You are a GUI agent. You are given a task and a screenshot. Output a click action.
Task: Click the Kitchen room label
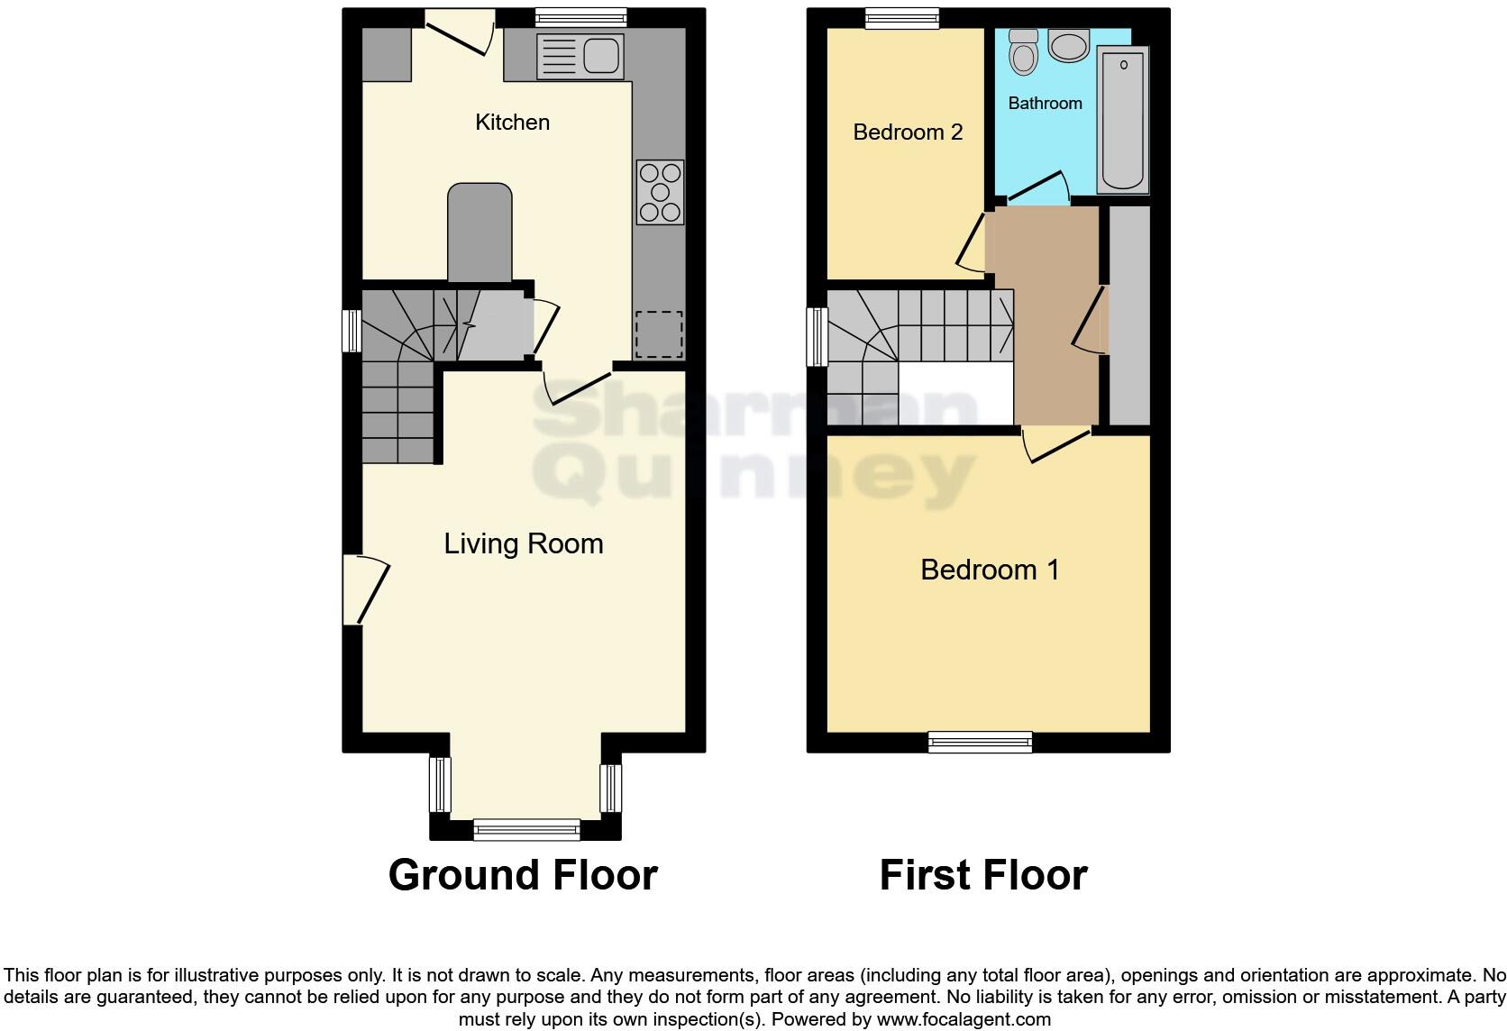click(x=512, y=123)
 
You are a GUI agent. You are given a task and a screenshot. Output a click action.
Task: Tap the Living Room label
click(x=523, y=543)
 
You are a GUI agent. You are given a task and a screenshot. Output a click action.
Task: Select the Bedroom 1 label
click(x=989, y=570)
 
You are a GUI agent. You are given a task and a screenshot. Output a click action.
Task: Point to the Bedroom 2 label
click(x=907, y=132)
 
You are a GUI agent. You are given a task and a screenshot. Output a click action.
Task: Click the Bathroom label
click(x=1045, y=104)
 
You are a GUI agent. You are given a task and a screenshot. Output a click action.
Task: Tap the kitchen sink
click(x=580, y=57)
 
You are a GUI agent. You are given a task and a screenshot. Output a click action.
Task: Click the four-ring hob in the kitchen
click(x=660, y=192)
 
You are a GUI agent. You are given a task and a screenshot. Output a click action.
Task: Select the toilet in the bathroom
click(x=1023, y=52)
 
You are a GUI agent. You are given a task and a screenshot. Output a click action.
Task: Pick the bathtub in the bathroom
click(x=1123, y=120)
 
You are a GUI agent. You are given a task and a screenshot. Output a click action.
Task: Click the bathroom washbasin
click(x=1069, y=46)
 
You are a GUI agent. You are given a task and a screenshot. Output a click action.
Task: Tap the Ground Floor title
click(x=523, y=875)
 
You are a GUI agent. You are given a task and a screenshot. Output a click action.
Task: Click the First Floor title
click(x=983, y=875)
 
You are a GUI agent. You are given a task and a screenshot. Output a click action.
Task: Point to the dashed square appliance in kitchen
click(x=659, y=334)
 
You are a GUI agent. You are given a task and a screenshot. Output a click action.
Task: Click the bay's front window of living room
click(x=526, y=829)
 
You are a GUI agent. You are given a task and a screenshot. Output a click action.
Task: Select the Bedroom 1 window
click(x=980, y=742)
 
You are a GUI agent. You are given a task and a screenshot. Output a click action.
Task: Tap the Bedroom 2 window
click(x=901, y=18)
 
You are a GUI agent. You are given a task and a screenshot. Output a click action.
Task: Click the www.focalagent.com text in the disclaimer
click(x=963, y=1019)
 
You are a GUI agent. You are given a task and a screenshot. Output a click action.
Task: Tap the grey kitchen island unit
click(x=479, y=233)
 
